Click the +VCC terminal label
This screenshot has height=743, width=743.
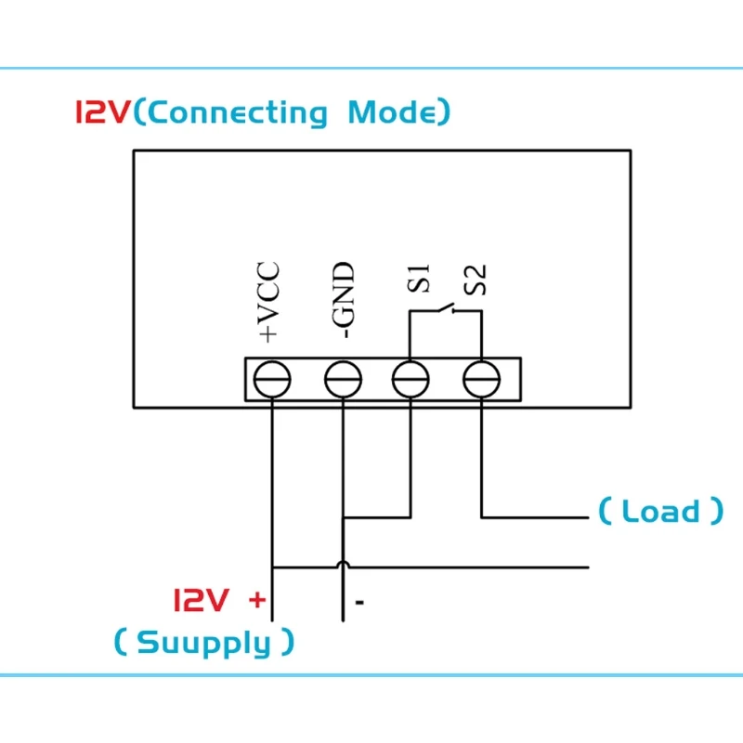268,302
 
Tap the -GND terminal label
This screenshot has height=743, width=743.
343,299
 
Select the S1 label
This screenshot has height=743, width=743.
419,279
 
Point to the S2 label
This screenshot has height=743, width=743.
475,280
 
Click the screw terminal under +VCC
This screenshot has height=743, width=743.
272,379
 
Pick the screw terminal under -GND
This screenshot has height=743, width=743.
343,379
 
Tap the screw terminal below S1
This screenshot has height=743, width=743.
411,379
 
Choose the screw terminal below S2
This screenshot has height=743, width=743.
481,379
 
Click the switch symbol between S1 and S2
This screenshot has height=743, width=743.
446,308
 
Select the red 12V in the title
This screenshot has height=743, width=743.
102,112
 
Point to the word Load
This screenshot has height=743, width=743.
660,511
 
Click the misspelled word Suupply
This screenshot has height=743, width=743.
203,643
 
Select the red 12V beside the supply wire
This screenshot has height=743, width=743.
202,599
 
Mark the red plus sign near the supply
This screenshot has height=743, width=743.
257,600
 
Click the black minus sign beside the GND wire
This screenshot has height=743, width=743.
359,602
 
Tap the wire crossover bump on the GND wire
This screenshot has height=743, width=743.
343,564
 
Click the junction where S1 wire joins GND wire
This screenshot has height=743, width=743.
343,517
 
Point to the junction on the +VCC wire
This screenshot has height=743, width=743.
272,567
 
